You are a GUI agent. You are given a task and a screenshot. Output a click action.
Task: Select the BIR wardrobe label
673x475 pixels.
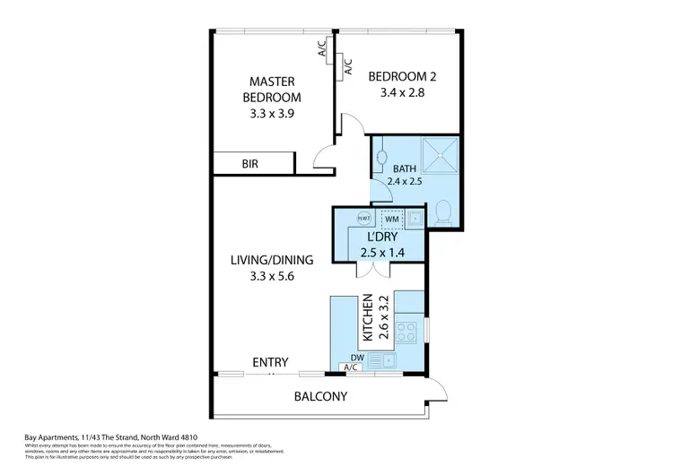coord(250,164)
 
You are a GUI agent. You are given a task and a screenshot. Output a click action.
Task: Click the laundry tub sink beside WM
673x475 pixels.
coord(416,218)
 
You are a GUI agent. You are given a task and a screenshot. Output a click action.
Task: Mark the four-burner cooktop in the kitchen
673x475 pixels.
coord(406,331)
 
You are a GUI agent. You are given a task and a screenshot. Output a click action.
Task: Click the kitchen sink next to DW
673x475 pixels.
coord(389,360)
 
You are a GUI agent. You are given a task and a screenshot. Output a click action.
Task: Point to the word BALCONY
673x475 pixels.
coord(321,396)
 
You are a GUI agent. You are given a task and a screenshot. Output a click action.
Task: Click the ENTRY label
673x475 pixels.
coord(270,362)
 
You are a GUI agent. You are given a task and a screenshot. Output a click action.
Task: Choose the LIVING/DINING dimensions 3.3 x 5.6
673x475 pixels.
coord(271,276)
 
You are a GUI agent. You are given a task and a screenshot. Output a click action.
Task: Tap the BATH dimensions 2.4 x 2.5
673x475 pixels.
coord(404,180)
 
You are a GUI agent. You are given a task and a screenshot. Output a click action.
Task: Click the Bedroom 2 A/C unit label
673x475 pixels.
coord(348,65)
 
